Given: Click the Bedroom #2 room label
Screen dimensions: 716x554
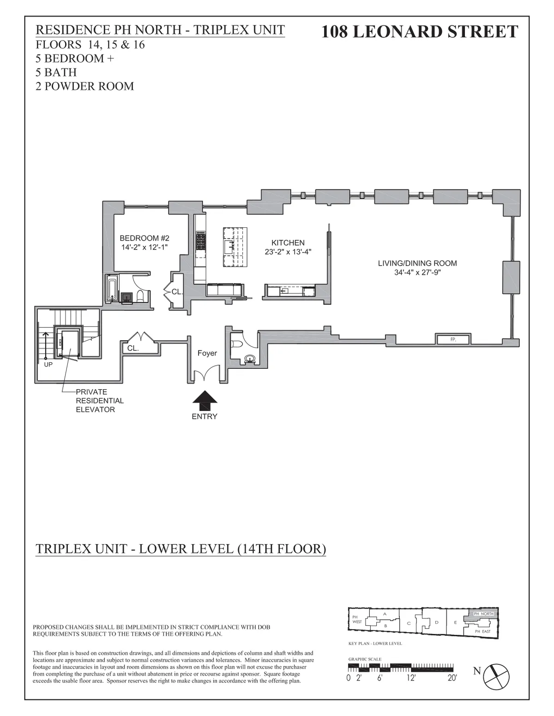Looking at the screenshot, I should (145, 238).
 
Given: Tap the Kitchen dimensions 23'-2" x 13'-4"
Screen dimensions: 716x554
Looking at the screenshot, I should (288, 252).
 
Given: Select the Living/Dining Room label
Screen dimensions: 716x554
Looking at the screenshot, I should (417, 263).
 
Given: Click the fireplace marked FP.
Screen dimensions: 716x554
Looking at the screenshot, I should (453, 340).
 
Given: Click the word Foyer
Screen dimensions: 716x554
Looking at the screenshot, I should (207, 354).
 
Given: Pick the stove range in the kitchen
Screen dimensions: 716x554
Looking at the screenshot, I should (201, 241).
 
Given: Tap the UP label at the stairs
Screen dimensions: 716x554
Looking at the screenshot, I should (48, 364).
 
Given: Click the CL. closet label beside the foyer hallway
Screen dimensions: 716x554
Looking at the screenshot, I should (133, 349).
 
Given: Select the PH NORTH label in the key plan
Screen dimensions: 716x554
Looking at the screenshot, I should (483, 614).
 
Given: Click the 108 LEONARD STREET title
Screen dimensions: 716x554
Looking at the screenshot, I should (419, 31).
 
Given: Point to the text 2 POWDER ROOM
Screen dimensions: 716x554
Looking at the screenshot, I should (85, 86).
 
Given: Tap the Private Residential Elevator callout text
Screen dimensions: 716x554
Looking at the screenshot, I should (95, 401).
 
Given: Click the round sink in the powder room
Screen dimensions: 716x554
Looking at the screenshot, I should (250, 358).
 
